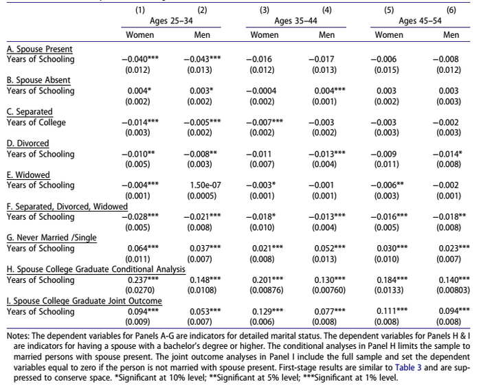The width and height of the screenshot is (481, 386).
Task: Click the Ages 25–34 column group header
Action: (x=171, y=21)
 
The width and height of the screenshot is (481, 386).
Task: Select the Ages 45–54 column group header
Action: (x=420, y=21)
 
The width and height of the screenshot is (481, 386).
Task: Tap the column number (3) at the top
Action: (x=265, y=10)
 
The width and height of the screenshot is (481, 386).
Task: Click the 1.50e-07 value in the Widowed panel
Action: (x=205, y=185)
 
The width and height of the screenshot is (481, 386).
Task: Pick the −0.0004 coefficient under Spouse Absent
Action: (x=261, y=91)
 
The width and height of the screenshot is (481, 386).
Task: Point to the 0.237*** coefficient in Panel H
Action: (x=143, y=280)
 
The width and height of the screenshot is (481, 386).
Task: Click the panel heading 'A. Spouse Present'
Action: (x=40, y=49)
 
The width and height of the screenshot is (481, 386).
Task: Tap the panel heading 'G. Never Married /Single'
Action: (x=52, y=238)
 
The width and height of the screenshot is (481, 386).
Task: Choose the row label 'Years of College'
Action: (x=36, y=122)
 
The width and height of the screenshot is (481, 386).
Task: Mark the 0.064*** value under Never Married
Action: (x=143, y=249)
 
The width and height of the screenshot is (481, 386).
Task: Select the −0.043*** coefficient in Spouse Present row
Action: (x=202, y=59)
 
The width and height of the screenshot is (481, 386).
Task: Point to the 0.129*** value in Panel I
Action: (x=267, y=312)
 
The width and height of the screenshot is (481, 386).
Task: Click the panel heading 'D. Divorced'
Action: (x=28, y=144)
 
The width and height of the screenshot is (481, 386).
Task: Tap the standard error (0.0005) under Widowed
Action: (x=202, y=196)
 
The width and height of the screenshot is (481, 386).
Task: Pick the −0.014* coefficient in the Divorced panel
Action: (x=447, y=154)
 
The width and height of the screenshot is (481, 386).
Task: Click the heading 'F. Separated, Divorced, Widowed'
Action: (x=67, y=207)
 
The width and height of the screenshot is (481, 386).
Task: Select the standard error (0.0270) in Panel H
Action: (x=139, y=290)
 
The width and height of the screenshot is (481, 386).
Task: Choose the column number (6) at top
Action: (x=451, y=10)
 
